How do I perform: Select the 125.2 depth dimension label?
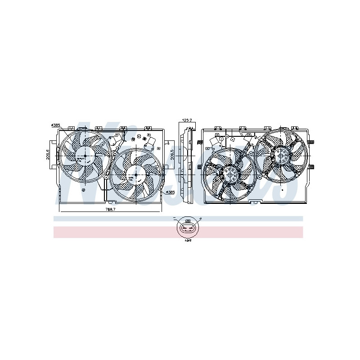[x=187, y=121]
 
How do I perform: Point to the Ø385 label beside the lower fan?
[x=170, y=192]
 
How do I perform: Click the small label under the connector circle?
[x=188, y=240]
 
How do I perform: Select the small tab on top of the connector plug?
[x=188, y=221]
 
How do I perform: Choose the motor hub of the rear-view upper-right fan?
[x=283, y=156]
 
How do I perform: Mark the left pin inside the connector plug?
[x=184, y=228]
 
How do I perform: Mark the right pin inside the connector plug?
[x=191, y=228]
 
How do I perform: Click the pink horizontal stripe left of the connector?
[x=112, y=232]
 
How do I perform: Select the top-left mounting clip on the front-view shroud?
[x=71, y=128]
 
